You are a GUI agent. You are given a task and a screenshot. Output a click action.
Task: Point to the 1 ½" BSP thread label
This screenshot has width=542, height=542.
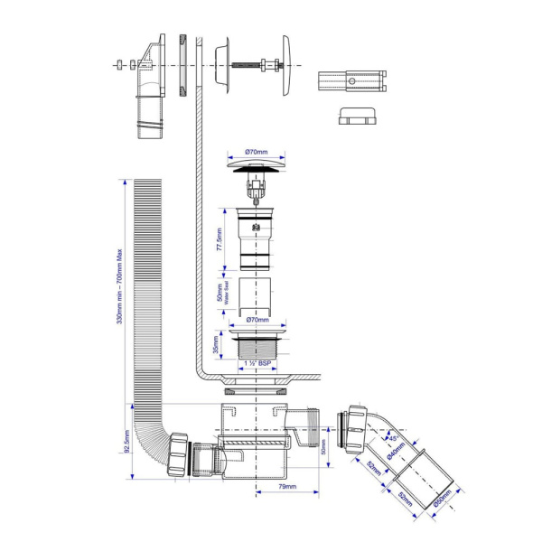click(x=257, y=363)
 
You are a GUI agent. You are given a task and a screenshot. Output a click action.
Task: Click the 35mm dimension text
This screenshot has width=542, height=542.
click(x=214, y=345)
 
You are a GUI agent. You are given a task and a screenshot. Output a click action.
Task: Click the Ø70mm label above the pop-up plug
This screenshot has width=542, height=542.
click(x=257, y=152)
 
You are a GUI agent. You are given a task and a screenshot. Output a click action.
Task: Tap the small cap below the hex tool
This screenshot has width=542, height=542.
click(x=353, y=117)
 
